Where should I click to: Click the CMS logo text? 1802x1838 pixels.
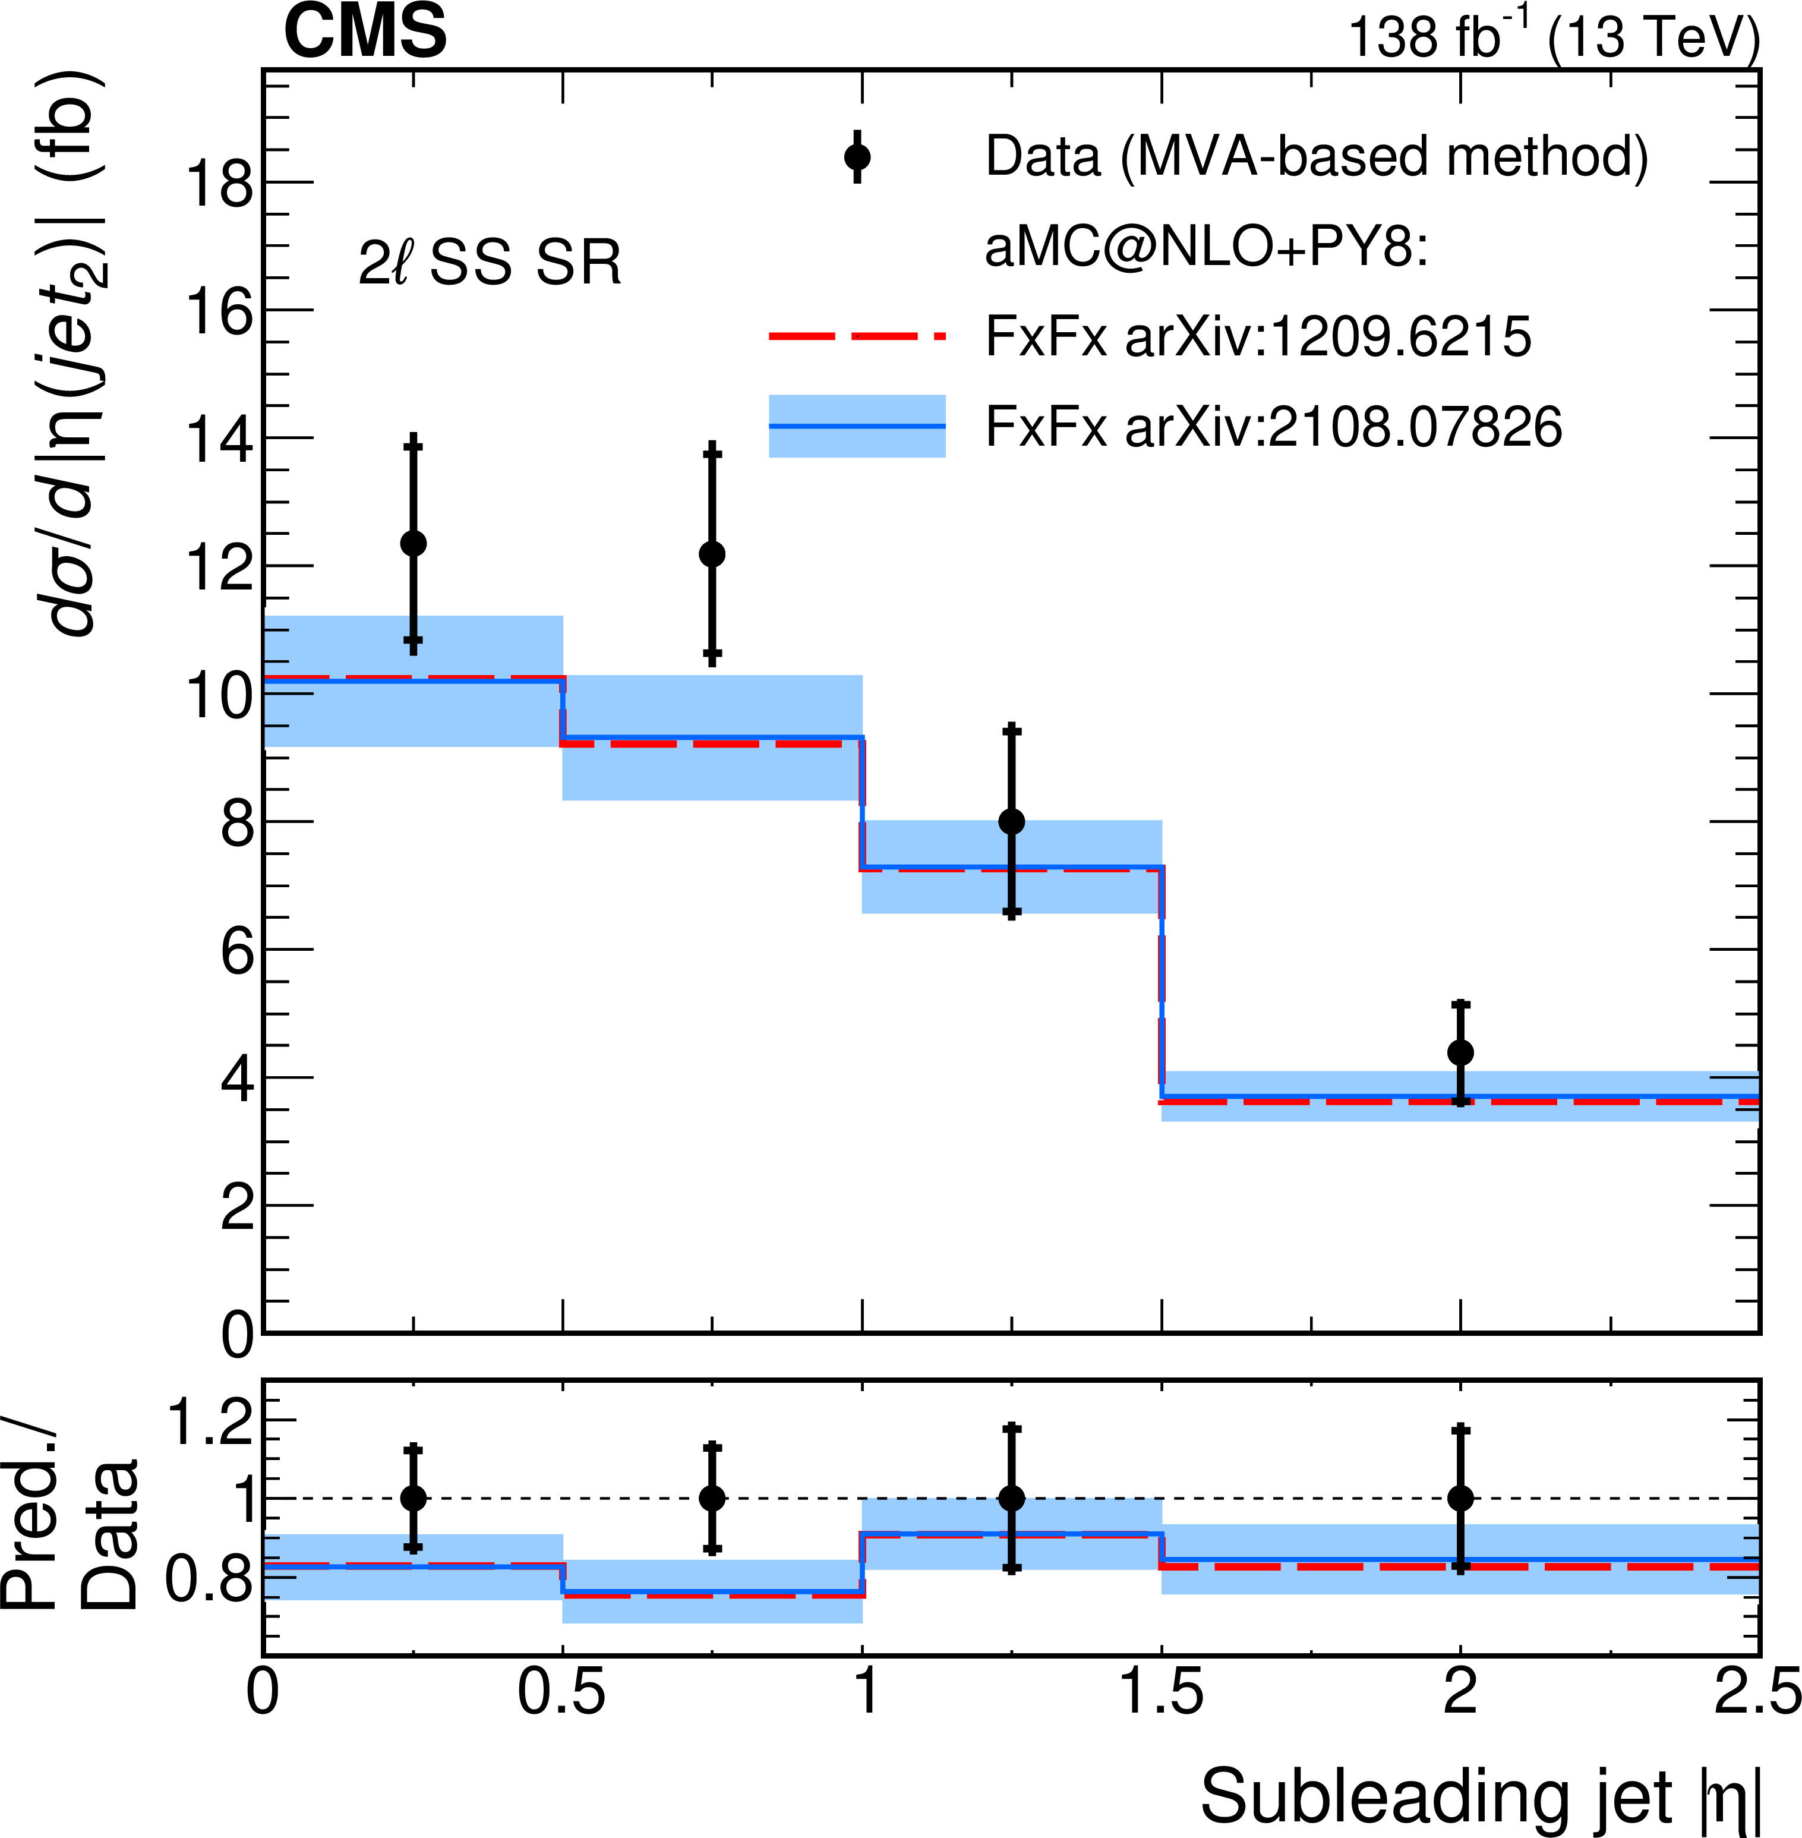[x=365, y=32]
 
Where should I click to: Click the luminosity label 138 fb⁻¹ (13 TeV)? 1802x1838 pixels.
[x=1553, y=38]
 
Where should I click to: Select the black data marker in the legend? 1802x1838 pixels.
[x=857, y=157]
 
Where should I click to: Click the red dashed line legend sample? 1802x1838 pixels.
[x=857, y=336]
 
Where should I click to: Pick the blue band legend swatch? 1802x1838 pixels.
[x=857, y=426]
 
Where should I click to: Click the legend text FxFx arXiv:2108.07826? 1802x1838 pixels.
[x=1273, y=427]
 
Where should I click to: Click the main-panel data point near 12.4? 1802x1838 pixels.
[x=414, y=543]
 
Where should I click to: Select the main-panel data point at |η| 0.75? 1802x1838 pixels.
[x=713, y=554]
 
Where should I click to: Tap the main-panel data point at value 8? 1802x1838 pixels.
[x=1012, y=821]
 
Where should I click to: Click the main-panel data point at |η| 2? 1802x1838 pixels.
[x=1460, y=1052]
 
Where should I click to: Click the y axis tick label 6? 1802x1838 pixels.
[x=238, y=951]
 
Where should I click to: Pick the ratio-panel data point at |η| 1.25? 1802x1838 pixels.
[x=1012, y=1498]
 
